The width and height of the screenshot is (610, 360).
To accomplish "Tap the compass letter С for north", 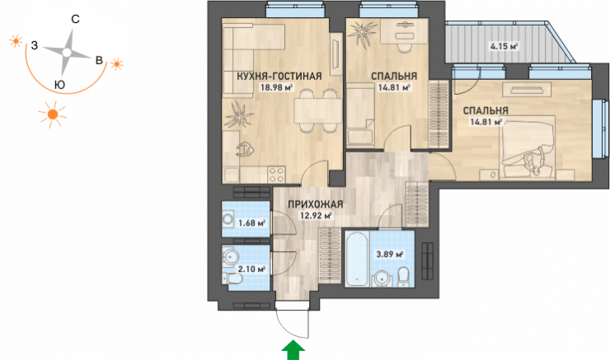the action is [x=76, y=19].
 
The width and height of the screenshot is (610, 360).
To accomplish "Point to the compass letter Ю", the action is [x=59, y=85].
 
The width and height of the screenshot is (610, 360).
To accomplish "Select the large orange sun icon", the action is [x=53, y=115].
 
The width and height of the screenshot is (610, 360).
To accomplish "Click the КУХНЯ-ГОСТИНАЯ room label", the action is [x=279, y=76].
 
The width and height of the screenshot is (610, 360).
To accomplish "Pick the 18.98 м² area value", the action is [x=276, y=87].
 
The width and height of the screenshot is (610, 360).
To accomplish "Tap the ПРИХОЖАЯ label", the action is [x=316, y=204].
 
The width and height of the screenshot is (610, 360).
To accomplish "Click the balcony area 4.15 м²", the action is [x=504, y=47].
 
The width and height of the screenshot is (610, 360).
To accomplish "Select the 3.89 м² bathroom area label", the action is [x=389, y=255].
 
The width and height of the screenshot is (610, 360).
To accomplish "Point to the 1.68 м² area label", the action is [x=252, y=222].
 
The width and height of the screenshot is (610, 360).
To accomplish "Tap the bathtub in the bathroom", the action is [x=357, y=259].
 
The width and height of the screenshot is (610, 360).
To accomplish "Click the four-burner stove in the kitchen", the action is [x=277, y=175].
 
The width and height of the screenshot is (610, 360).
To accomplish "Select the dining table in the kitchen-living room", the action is [x=317, y=110].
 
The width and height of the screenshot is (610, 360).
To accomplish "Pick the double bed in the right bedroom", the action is [x=528, y=147].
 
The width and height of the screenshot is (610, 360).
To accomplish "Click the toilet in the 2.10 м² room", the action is [x=232, y=278].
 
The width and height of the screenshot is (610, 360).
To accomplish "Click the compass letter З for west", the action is [x=35, y=45].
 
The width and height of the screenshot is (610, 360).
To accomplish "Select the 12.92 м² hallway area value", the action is [x=316, y=215].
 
